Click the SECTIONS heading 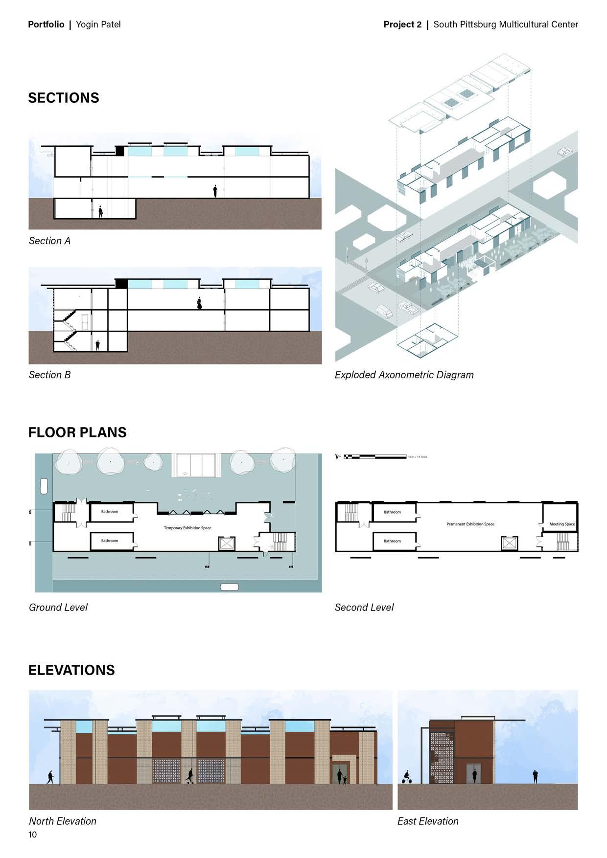click(64, 98)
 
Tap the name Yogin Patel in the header click(98, 24)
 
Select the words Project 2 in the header click(402, 24)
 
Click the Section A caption click(49, 241)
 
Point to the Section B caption click(49, 375)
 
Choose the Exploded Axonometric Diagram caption click(404, 375)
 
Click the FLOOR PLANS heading click(77, 432)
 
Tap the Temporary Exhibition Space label click(187, 528)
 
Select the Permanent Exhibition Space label click(470, 524)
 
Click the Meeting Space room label click(562, 524)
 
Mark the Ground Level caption click(58, 608)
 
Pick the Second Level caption click(364, 608)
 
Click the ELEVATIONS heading click(71, 670)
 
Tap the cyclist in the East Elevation click(406, 777)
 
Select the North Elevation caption click(63, 821)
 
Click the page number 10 click(32, 835)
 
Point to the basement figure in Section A click(101, 212)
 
